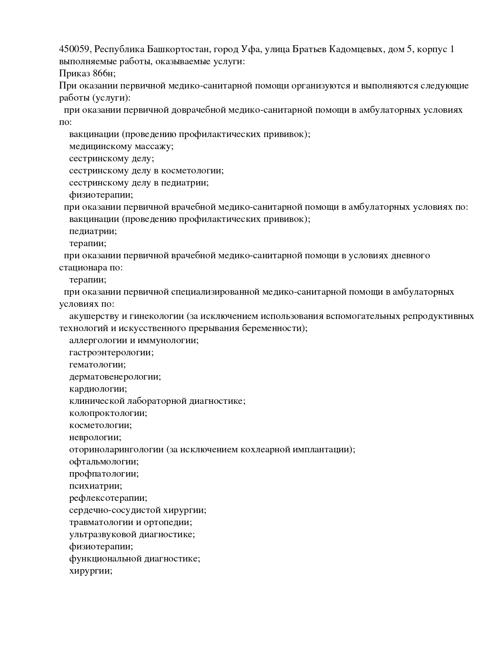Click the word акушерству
[x=91, y=316]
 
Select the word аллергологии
[x=96, y=340]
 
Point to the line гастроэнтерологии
[x=111, y=352]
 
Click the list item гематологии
[x=97, y=365]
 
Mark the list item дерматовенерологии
[x=115, y=377]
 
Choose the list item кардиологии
[x=98, y=389]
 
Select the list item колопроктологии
[x=108, y=413]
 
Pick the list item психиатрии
[x=96, y=486]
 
